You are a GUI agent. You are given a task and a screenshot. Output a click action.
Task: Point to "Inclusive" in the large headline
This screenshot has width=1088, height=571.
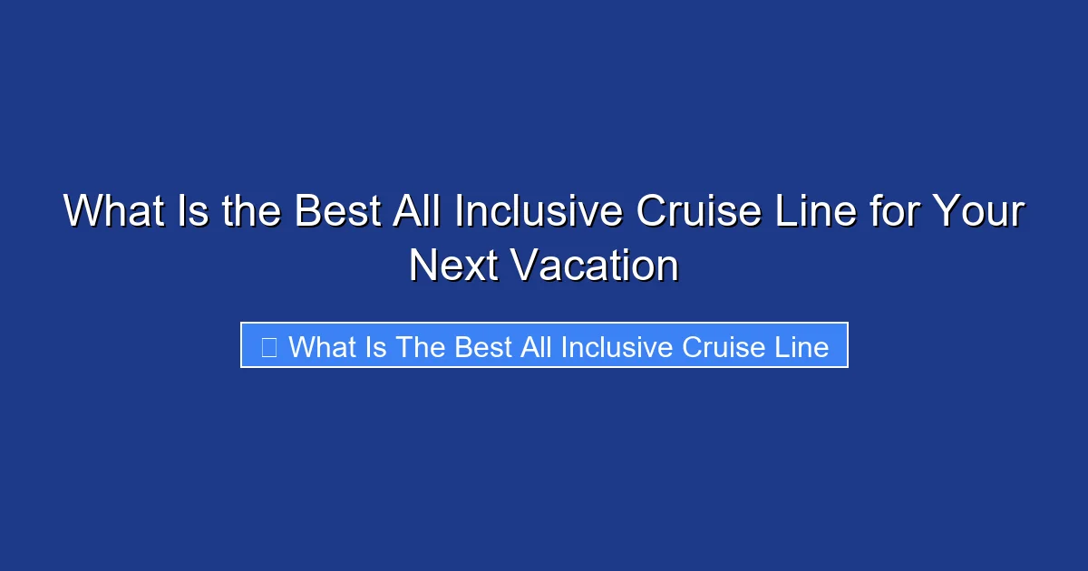pos(538,213)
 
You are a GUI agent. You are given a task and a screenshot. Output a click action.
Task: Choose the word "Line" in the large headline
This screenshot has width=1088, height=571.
pos(818,213)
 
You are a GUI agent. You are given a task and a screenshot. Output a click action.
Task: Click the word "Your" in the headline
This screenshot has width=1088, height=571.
pos(980,213)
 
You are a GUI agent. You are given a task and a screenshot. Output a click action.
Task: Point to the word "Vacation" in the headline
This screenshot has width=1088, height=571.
pos(594,266)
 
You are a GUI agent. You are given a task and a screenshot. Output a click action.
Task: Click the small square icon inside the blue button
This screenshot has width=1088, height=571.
pos(268,346)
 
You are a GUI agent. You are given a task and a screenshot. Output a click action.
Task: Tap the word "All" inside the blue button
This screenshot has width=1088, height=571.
pos(537,347)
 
